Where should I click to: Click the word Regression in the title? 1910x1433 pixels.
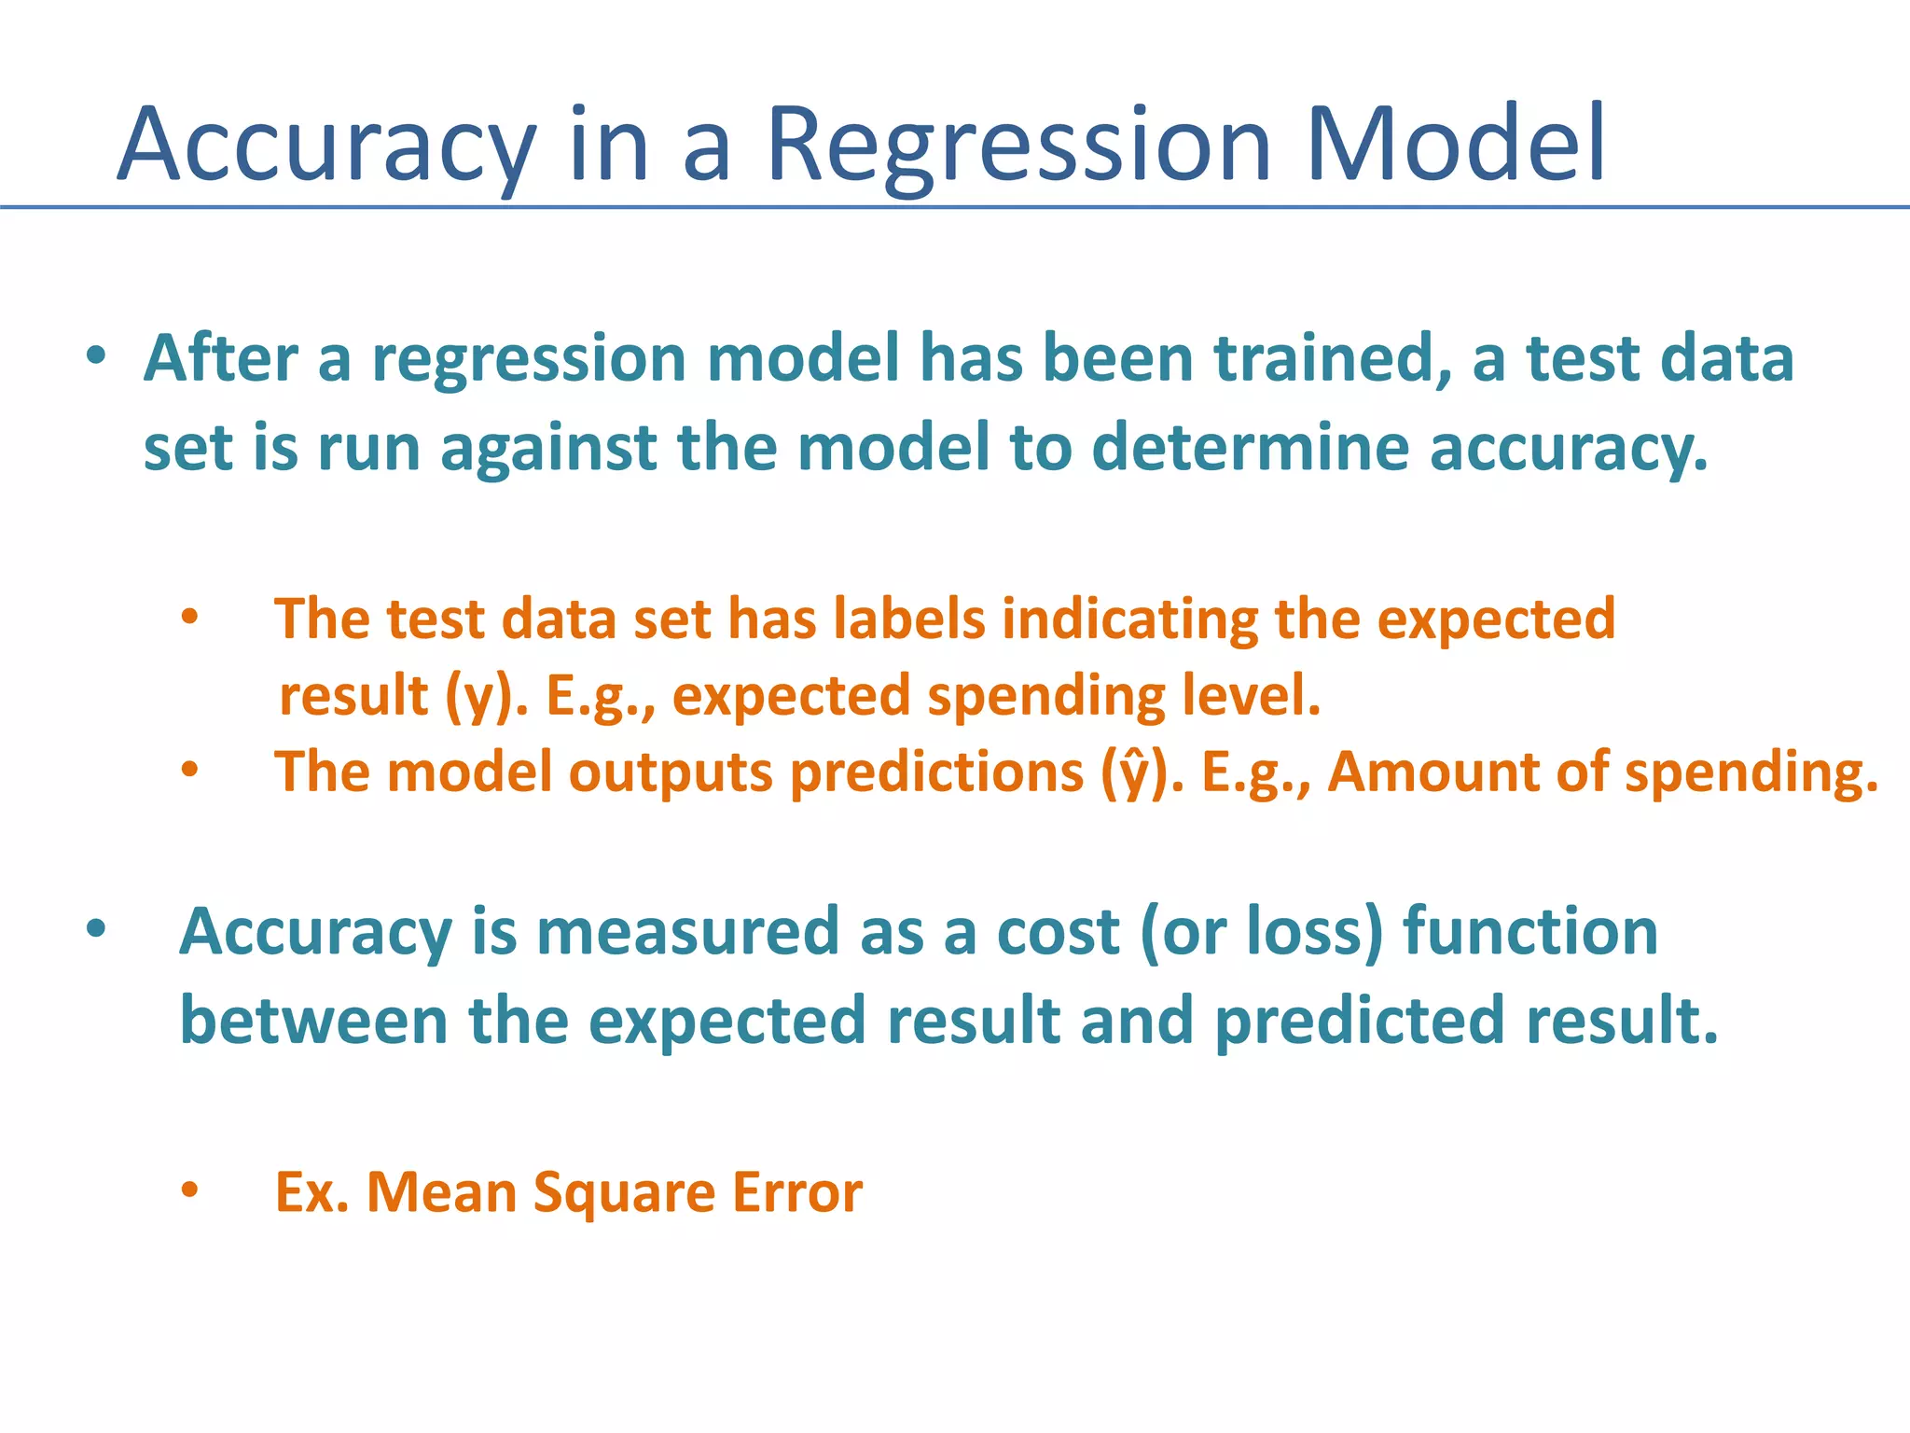tap(1018, 145)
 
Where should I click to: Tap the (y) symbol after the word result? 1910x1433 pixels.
tap(479, 697)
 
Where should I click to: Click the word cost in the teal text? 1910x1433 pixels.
tap(1058, 932)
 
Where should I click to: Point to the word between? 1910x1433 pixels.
tap(314, 1020)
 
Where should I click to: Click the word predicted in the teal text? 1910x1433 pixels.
tap(1360, 1020)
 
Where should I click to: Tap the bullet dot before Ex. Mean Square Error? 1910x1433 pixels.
tap(190, 1190)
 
